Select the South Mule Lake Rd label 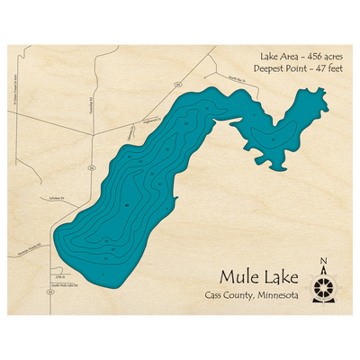68,284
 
